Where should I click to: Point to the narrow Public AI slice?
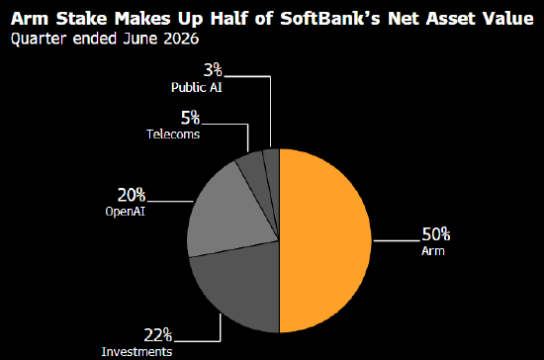click(x=273, y=173)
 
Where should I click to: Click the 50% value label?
click(x=436, y=234)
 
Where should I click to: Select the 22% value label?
click(x=158, y=335)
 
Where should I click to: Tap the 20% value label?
click(x=132, y=195)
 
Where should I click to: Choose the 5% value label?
click(x=191, y=118)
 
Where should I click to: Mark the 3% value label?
click(x=213, y=70)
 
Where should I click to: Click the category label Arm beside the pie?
click(x=433, y=251)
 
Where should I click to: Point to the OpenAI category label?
click(x=126, y=212)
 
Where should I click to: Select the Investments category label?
click(x=136, y=352)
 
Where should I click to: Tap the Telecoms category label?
click(x=173, y=135)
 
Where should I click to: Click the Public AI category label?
click(x=197, y=87)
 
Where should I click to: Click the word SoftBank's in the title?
click(x=330, y=18)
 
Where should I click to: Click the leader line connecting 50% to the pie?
click(x=396, y=240)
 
